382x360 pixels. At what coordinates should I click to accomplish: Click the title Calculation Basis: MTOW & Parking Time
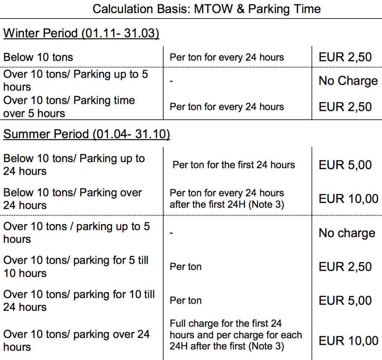coord(206,9)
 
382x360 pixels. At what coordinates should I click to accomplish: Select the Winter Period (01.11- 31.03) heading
coord(81,33)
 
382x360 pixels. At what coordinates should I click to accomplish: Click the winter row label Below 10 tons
coord(38,57)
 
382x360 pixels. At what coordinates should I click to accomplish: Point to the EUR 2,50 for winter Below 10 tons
coord(345,57)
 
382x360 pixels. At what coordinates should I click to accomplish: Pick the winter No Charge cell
coord(348,81)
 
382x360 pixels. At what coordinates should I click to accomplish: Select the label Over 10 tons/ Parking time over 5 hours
coord(69,107)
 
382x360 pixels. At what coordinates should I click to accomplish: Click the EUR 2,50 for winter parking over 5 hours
coord(345,107)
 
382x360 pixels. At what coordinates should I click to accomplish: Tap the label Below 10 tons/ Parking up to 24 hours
coord(74,165)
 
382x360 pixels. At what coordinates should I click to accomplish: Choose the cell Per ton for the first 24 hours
coord(234,165)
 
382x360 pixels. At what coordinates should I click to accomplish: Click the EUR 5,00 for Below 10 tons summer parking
coord(345,165)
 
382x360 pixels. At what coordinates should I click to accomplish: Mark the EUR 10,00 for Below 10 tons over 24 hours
coord(348,199)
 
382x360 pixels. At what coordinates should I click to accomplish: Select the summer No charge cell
coord(347,233)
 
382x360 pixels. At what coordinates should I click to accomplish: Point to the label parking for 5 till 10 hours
coord(76,267)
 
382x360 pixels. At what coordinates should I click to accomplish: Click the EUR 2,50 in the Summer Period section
coord(345,267)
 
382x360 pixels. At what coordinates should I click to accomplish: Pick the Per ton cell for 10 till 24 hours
coord(185,301)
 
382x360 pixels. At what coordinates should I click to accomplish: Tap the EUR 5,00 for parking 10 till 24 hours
coord(345,301)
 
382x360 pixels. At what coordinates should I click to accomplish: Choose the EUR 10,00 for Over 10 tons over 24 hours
coord(348,341)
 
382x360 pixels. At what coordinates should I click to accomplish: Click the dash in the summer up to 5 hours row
coord(171,233)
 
